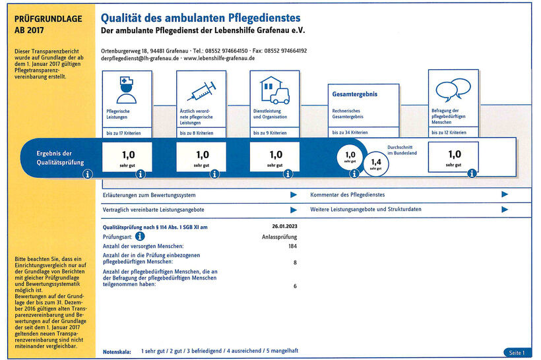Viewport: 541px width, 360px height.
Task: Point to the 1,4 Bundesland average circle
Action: [x=375, y=163]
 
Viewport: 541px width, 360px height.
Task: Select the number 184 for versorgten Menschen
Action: [x=293, y=246]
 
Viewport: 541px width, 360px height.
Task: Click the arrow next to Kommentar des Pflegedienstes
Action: [x=505, y=195]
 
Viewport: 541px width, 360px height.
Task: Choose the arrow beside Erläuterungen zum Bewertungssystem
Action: [x=294, y=195]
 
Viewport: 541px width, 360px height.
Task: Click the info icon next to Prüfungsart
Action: [x=141, y=236]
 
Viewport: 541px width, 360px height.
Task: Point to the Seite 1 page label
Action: [x=517, y=353]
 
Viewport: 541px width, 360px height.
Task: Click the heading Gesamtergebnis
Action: [x=355, y=94]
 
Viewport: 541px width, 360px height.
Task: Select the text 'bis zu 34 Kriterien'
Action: [x=350, y=133]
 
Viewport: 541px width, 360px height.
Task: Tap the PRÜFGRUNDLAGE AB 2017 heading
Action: [x=48, y=24]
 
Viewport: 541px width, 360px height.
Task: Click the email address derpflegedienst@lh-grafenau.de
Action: [x=141, y=58]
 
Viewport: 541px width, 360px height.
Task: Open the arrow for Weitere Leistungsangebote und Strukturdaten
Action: [x=505, y=210]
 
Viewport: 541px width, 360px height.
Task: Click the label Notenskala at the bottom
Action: [x=117, y=352]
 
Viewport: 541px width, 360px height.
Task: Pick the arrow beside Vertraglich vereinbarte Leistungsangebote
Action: [x=294, y=210]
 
